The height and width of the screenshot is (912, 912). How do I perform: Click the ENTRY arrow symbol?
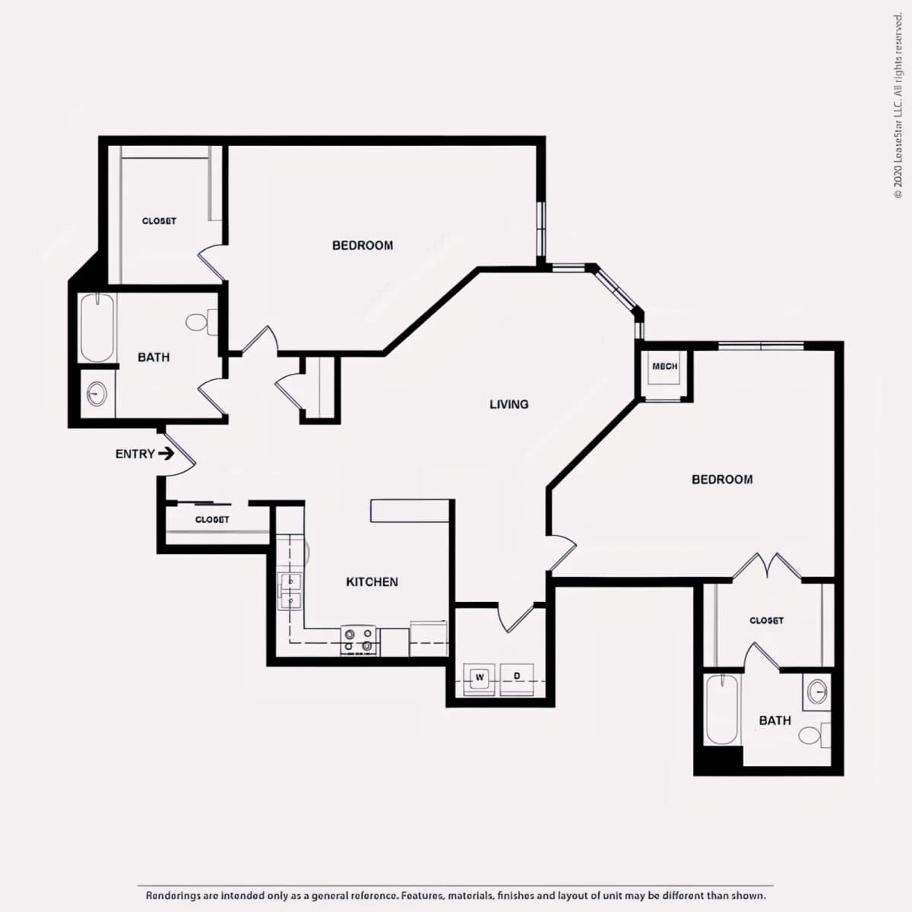tap(166, 454)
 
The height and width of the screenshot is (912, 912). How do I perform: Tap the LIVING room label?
tap(508, 404)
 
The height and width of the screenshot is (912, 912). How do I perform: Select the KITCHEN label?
tap(372, 582)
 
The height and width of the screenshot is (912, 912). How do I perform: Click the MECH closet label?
tap(664, 366)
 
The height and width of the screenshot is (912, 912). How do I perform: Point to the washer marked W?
tap(480, 680)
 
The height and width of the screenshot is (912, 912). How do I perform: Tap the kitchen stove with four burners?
tap(358, 641)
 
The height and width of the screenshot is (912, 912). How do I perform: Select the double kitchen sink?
tap(290, 591)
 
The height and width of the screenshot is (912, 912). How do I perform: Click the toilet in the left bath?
tap(201, 321)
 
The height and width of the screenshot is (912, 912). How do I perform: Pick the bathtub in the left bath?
tap(97, 328)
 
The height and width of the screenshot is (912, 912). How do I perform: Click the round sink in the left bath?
tap(97, 394)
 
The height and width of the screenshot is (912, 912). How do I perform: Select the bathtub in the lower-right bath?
tap(722, 710)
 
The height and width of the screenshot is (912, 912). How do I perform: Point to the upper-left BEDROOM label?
tap(363, 245)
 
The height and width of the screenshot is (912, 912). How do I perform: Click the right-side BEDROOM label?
tap(722, 480)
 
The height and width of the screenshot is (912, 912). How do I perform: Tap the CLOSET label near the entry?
tap(212, 520)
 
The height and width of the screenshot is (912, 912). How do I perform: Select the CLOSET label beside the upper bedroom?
tap(159, 221)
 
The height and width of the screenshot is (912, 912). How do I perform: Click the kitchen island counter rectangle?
tap(410, 511)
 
